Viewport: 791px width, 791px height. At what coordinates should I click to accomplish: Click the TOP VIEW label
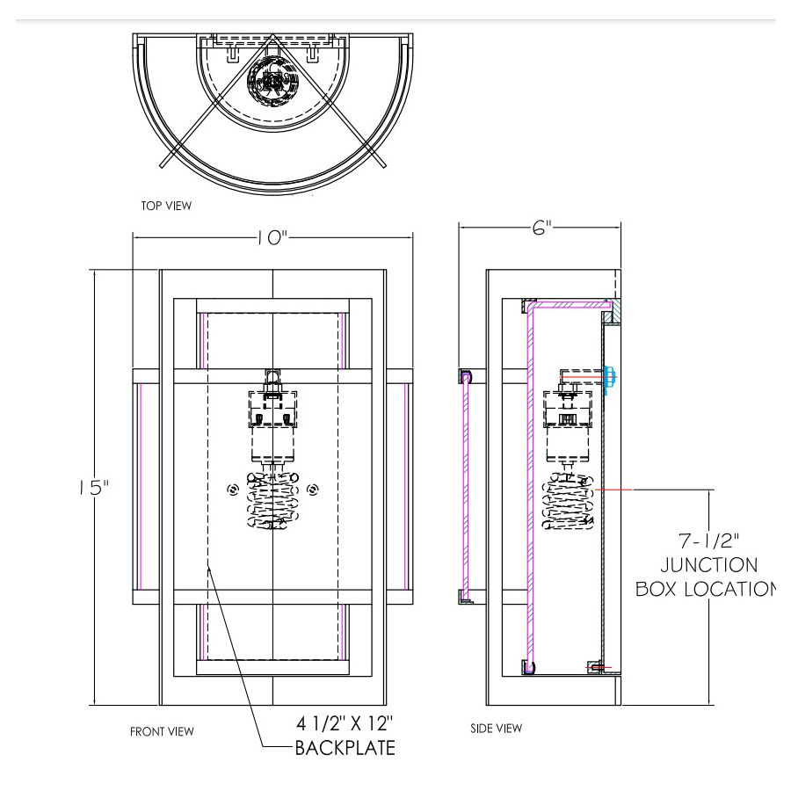pos(166,206)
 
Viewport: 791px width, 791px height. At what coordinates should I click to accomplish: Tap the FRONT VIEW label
pos(162,731)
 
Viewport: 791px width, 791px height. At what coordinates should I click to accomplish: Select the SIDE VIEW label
pos(497,728)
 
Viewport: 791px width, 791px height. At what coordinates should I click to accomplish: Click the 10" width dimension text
pos(273,237)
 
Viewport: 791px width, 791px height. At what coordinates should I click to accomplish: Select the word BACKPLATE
pos(345,748)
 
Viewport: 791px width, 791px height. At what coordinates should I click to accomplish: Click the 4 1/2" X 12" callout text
pos(345,725)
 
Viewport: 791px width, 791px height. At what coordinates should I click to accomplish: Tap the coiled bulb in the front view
pos(273,503)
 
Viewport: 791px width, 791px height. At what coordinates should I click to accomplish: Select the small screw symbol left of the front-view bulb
pos(232,490)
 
